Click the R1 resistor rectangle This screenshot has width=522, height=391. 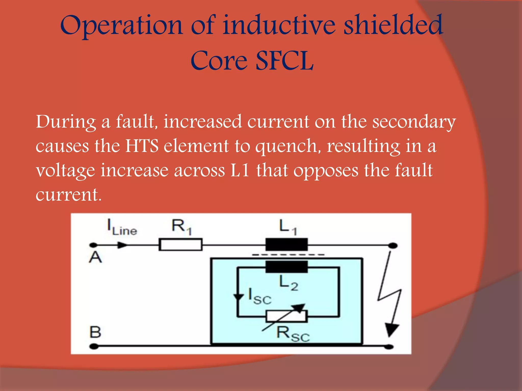coord(180,245)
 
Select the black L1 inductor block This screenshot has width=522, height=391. coord(287,245)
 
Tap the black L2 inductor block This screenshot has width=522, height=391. coord(287,267)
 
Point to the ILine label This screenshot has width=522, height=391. coord(122,227)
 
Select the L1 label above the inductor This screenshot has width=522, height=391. coord(288,227)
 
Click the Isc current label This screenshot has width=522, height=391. coord(259,297)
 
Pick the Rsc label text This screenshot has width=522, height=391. coord(293,334)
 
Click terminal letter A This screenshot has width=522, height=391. coord(95,257)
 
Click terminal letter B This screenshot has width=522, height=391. coord(96,332)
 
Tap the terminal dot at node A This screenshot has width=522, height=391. coord(94,245)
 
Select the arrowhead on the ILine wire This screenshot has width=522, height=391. coord(122,245)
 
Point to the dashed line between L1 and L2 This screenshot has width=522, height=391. coord(288,255)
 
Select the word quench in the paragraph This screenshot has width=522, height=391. coord(286,146)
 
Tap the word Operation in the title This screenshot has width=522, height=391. coord(121,25)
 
